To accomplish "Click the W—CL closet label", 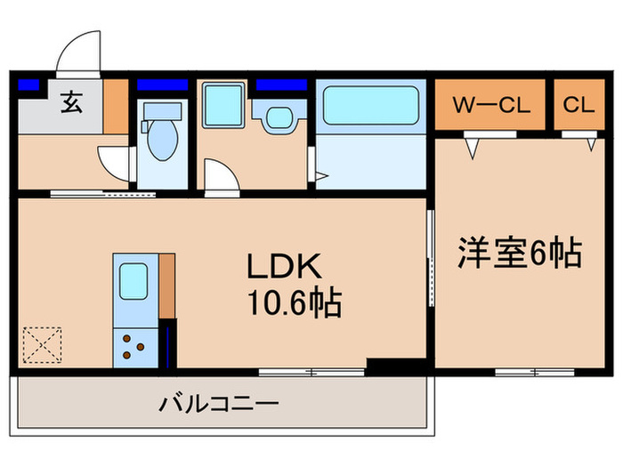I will [x=491, y=106].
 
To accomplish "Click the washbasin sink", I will [x=279, y=118].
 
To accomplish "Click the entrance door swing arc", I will [x=78, y=49].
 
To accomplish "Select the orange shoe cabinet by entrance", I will [x=116, y=107].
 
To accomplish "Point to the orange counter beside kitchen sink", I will [x=166, y=285].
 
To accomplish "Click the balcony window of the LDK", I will [x=311, y=369].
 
